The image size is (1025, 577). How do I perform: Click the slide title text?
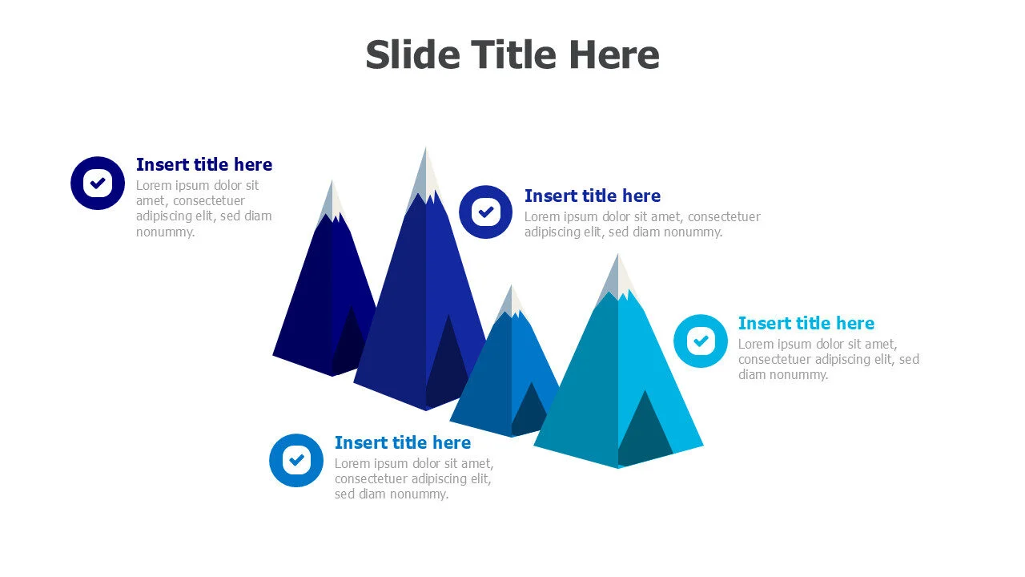pos(512,55)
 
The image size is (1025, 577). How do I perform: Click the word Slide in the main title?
pos(412,55)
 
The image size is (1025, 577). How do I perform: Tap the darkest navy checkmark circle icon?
pos(98,184)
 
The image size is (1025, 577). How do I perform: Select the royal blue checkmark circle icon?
pos(485,212)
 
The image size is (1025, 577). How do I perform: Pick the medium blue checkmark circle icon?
pos(296,460)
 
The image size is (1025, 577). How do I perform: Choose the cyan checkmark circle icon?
pos(701,341)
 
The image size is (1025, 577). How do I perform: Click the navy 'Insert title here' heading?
pos(204,164)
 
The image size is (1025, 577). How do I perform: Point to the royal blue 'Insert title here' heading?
pos(593,196)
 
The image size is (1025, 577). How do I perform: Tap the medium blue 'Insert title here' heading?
pos(403,442)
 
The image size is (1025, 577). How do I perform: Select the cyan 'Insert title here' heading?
pos(806,323)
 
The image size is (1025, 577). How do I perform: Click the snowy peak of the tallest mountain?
pos(425,179)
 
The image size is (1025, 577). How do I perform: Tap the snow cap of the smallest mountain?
pos(512,302)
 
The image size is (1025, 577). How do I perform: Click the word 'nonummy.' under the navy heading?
pos(165,232)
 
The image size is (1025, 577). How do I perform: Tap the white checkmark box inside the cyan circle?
pos(701,341)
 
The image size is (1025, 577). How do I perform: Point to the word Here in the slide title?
pos(614,55)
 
